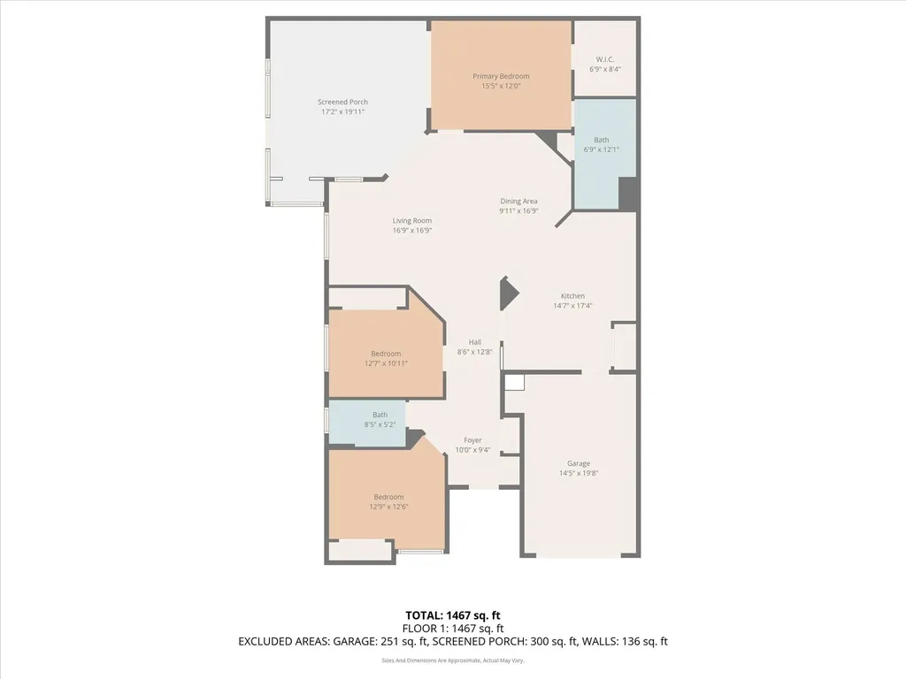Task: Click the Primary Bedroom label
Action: (x=501, y=76)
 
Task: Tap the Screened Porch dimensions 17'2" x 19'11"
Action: (x=342, y=111)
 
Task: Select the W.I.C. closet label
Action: (x=605, y=59)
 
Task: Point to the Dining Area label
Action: (x=518, y=201)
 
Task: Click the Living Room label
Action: (x=412, y=220)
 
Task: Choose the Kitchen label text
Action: (x=572, y=296)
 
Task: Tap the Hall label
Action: (x=475, y=342)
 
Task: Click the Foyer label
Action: (x=472, y=440)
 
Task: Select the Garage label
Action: (x=579, y=463)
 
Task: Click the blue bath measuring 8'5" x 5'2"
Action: (x=367, y=423)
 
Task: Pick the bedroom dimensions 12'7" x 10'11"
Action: (x=386, y=363)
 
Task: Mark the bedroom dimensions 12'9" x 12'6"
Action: (x=389, y=507)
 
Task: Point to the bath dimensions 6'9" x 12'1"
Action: (x=602, y=149)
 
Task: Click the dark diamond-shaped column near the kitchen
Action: (x=509, y=294)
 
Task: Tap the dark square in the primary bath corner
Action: (x=627, y=193)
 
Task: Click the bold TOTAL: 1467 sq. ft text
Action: (x=453, y=615)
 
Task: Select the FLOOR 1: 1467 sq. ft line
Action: (x=453, y=629)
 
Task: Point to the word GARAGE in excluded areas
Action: (x=354, y=642)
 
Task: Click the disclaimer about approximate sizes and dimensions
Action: (x=453, y=660)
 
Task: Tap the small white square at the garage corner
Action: (x=515, y=382)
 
